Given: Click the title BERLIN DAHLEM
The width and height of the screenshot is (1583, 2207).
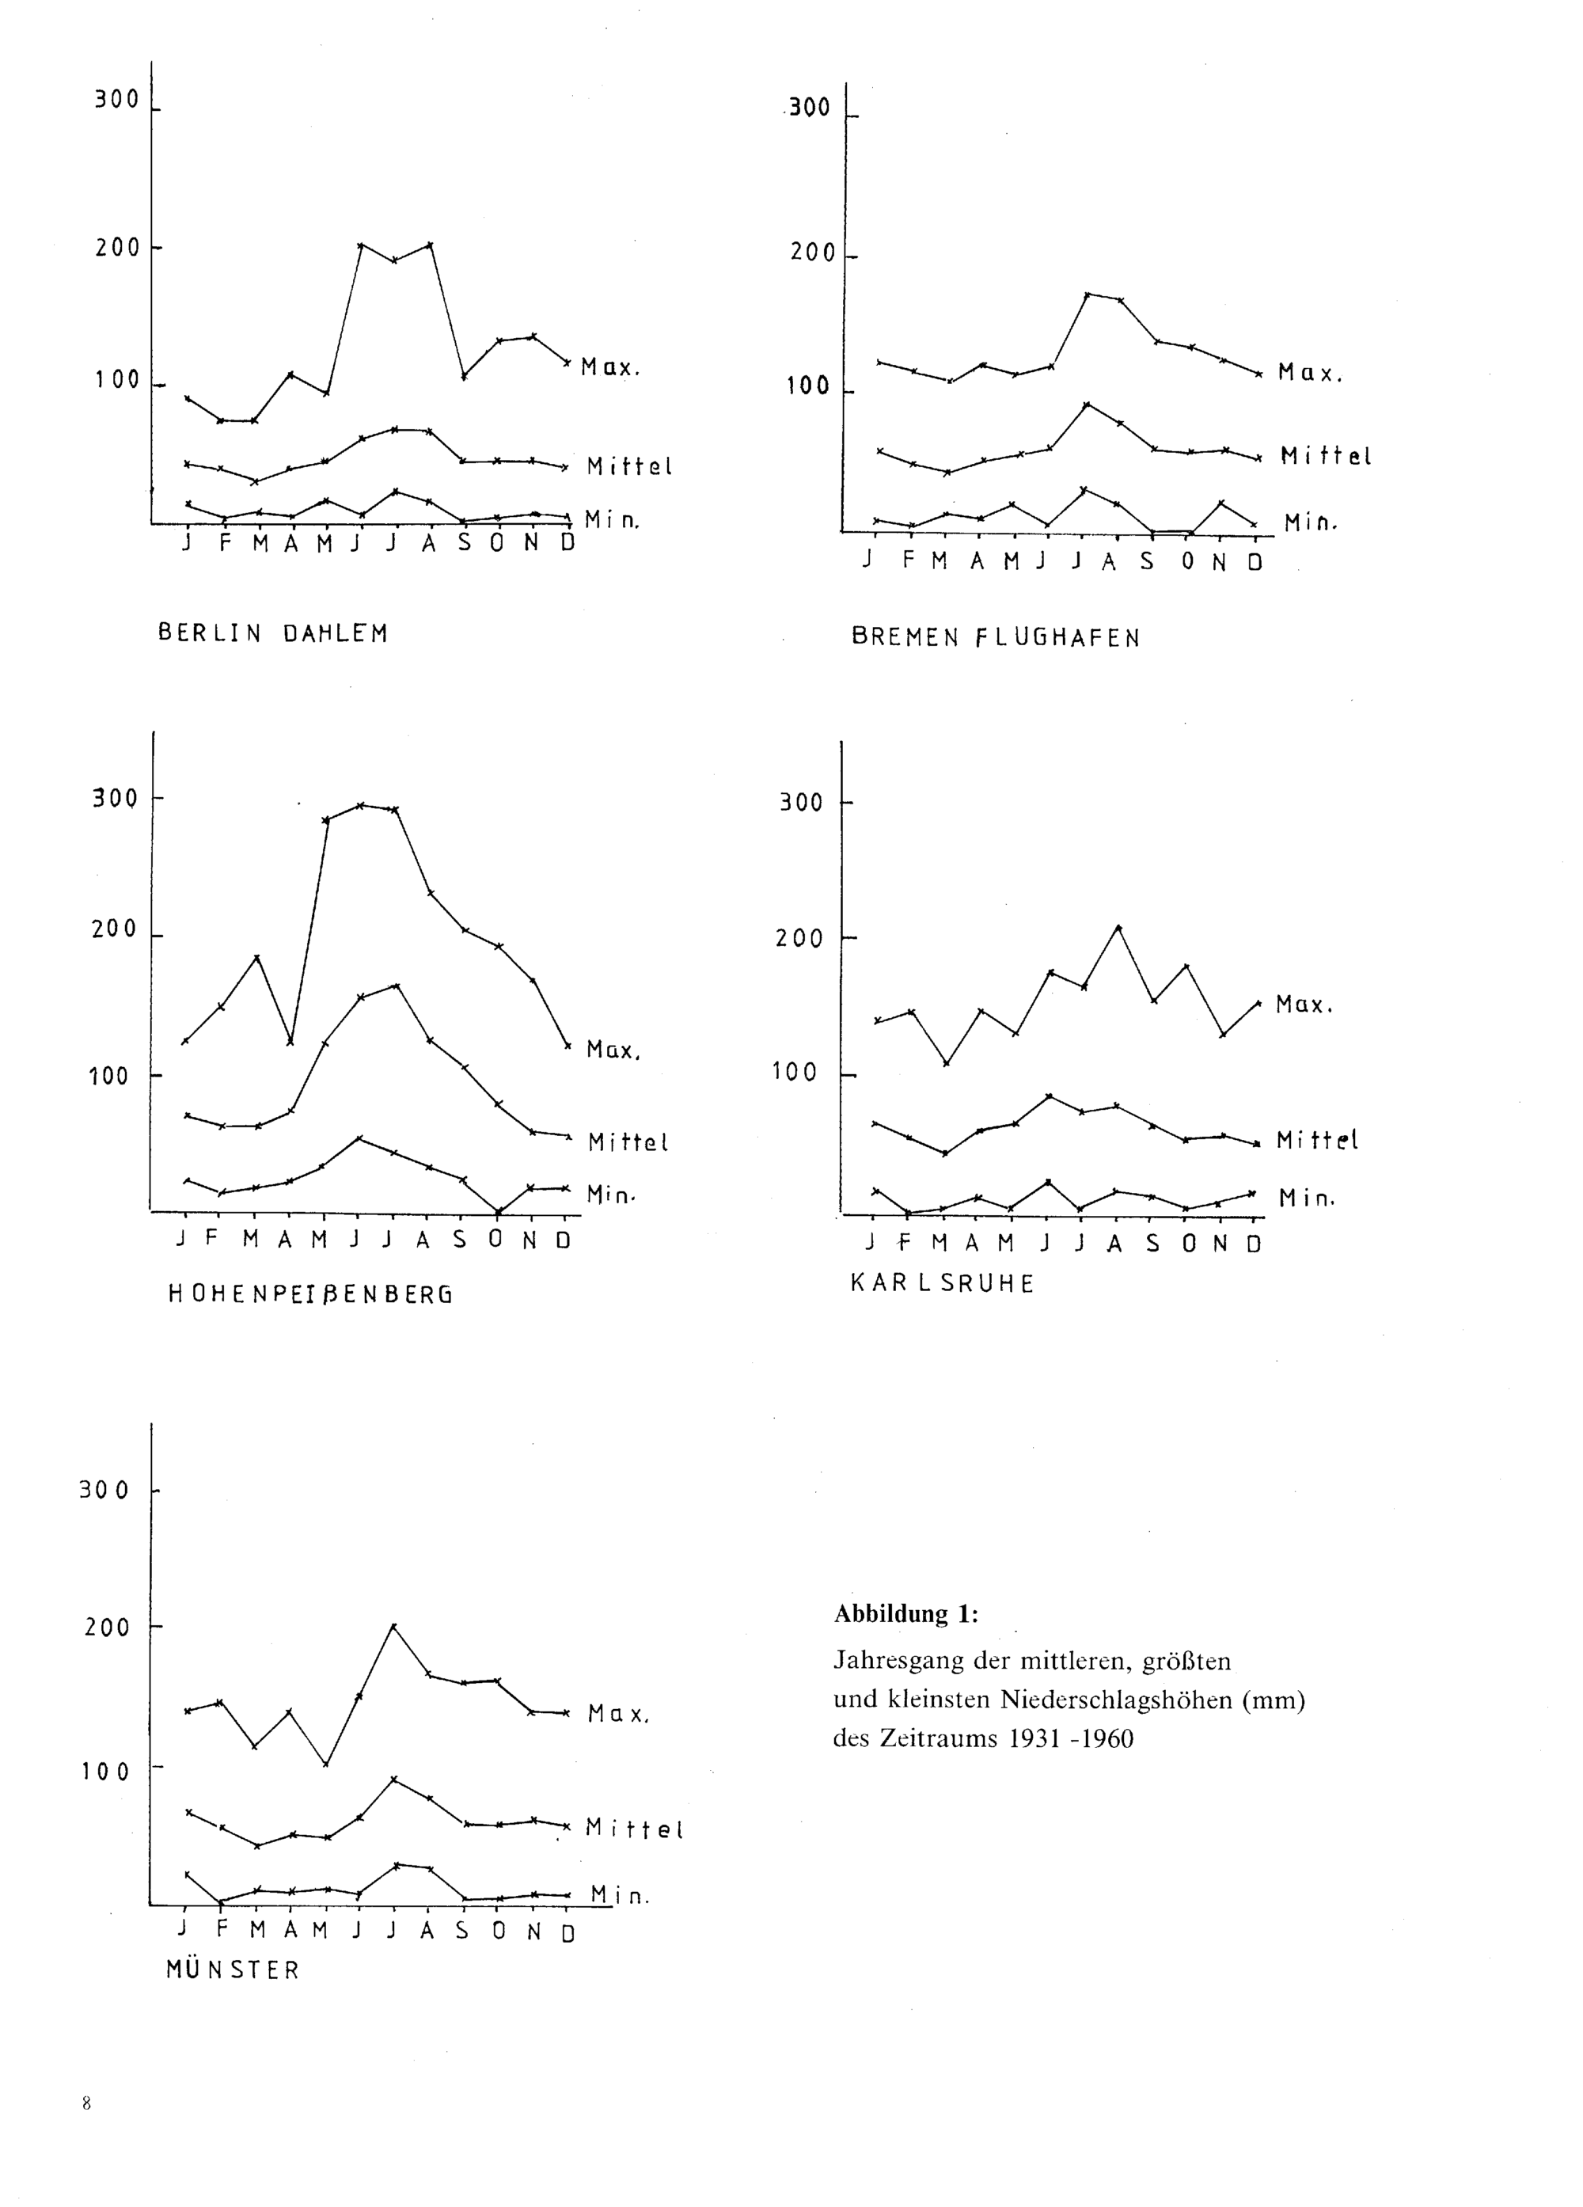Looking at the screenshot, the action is (x=272, y=633).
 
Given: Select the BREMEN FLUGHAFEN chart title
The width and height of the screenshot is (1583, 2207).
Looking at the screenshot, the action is (x=996, y=637).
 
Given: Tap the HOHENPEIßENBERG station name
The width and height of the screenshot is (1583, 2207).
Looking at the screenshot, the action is (x=310, y=1294).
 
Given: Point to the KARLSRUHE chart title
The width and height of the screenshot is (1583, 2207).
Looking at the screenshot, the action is (x=943, y=1283).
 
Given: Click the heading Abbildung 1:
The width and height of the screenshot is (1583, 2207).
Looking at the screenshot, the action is (x=905, y=1613).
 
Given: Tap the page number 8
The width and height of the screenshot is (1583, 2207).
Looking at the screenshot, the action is (x=86, y=2103).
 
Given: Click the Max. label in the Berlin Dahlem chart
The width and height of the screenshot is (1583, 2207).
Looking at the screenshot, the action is (x=611, y=368).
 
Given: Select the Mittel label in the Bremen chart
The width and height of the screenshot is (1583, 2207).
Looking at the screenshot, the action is (x=1325, y=455).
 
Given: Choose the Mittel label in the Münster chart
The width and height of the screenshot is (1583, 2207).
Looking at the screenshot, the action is (x=634, y=1829).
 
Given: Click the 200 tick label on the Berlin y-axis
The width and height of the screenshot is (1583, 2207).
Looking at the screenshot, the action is (x=118, y=248).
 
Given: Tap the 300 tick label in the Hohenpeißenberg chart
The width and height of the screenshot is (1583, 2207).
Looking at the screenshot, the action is (x=115, y=799).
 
